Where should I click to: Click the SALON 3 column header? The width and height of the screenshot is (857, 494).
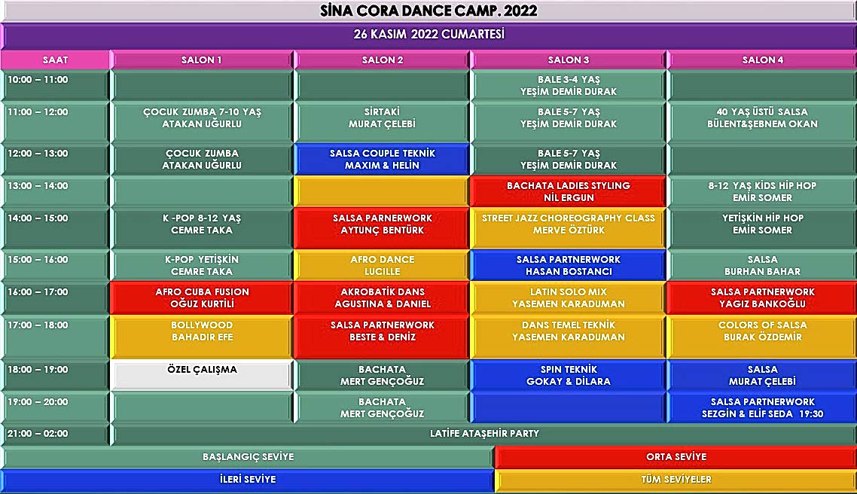pos(569,60)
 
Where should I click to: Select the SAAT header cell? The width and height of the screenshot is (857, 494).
pos(56,60)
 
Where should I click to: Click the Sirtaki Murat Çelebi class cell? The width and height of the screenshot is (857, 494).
pos(382,118)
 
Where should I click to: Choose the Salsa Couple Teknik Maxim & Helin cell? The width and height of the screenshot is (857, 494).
pos(382,159)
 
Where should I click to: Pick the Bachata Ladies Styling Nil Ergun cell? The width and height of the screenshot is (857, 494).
pos(569,191)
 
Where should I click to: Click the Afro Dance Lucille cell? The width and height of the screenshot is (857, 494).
pos(382,265)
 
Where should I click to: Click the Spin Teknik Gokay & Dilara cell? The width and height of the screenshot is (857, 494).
pos(569,375)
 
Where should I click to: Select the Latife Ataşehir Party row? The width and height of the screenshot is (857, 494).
pos(484,435)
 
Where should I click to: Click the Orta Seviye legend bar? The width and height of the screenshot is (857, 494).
pos(676,457)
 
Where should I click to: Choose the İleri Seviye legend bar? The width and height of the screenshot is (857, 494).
pos(247,480)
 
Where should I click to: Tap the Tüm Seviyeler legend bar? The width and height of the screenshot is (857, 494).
pos(676,480)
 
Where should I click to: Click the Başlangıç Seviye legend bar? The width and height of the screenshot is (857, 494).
pos(248,457)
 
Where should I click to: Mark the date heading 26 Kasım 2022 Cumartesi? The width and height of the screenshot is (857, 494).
pos(428,35)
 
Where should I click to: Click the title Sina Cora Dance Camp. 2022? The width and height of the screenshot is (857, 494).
pos(428,11)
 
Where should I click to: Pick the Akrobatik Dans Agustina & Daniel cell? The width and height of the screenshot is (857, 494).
pos(382,298)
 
